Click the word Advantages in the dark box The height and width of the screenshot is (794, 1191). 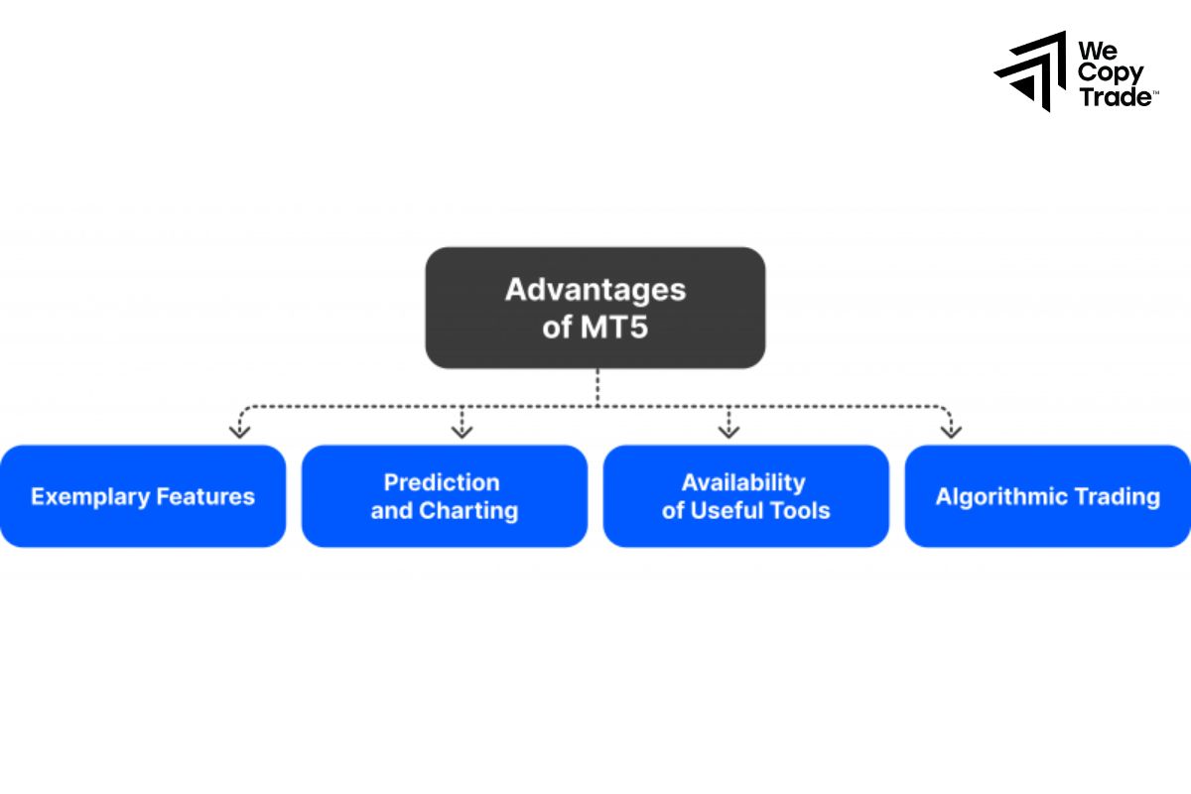click(x=595, y=290)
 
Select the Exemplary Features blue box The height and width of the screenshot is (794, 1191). click(x=143, y=496)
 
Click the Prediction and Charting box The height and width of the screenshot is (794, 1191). click(x=444, y=496)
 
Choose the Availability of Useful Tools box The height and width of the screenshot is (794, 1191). click(x=745, y=496)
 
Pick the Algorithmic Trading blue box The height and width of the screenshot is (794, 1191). click(x=1047, y=496)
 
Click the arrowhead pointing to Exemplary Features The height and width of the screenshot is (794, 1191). click(x=239, y=430)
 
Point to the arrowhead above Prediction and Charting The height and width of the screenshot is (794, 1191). click(x=462, y=430)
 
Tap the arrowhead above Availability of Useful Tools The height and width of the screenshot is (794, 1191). click(x=728, y=430)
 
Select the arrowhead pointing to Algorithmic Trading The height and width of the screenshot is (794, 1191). click(x=951, y=430)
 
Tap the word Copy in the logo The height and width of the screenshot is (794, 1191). click(x=1111, y=72)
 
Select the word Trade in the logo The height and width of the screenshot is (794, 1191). click(x=1115, y=96)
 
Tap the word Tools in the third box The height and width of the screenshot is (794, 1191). click(x=799, y=511)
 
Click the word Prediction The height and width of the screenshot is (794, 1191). click(x=442, y=482)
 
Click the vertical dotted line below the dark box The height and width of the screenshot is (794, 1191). click(x=596, y=387)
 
